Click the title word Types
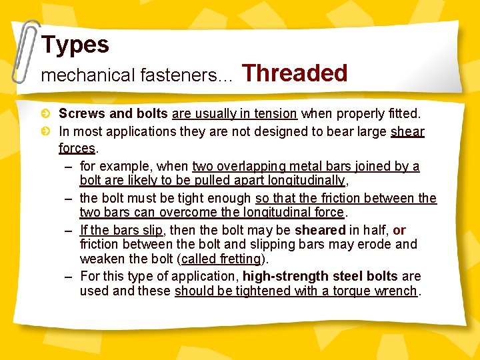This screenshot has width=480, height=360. tap(75, 45)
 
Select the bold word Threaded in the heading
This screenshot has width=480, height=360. tap(295, 73)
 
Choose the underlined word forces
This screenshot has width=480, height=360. tap(76, 147)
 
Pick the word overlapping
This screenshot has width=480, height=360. tap(254, 166)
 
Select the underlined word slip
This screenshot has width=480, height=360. tap(151, 230)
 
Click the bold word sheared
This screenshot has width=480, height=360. tap(319, 230)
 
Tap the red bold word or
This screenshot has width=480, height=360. tap(399, 230)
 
